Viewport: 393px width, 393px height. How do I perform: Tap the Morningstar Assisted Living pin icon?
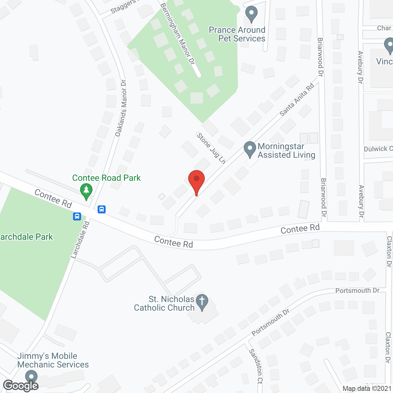(x=250, y=149)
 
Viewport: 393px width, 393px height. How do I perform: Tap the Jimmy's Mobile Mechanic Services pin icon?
(x=31, y=377)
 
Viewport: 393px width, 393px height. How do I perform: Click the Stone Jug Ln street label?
(x=211, y=148)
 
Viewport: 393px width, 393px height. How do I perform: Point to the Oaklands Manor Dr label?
(x=121, y=108)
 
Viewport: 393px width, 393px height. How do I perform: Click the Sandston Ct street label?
(x=256, y=366)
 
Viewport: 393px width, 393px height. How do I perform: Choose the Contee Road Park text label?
(x=106, y=178)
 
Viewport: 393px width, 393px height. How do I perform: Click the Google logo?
(x=21, y=386)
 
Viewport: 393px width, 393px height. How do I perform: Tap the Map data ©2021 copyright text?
(x=367, y=389)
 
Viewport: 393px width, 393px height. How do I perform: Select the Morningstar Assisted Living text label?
(x=286, y=151)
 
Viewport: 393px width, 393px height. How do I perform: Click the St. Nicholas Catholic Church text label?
(x=164, y=303)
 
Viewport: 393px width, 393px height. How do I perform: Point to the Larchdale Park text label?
(x=26, y=237)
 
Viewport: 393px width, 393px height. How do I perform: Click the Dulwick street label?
(x=378, y=149)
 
